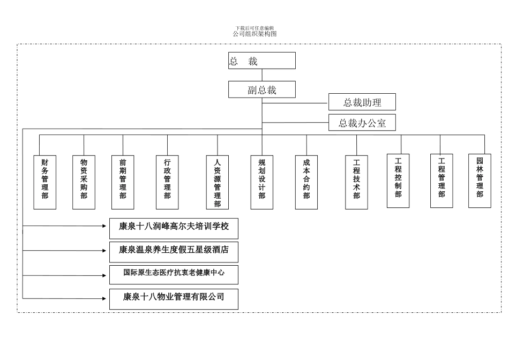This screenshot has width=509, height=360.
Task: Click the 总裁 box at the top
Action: [x=261, y=61]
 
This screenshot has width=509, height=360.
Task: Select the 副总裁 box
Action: [x=261, y=89]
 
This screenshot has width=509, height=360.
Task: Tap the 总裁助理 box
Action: [x=362, y=102]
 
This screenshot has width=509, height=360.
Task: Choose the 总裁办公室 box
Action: [x=362, y=123]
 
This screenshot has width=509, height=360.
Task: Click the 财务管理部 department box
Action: [x=45, y=182]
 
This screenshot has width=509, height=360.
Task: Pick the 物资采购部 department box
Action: [x=84, y=182]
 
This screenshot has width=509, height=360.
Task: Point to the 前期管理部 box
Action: [x=123, y=182]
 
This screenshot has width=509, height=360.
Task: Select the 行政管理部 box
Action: [x=167, y=182]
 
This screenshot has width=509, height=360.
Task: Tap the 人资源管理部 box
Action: [x=217, y=182]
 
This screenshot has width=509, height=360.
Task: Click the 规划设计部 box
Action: [x=261, y=182]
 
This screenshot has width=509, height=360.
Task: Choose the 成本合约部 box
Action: [x=306, y=182]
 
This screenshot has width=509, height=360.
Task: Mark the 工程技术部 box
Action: [x=356, y=182]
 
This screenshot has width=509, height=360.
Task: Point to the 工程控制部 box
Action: [x=398, y=181]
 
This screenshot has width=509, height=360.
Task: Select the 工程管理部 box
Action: [x=441, y=181]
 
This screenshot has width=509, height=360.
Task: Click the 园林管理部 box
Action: [x=480, y=181]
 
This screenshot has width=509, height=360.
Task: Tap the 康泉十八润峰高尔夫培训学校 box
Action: [x=174, y=228]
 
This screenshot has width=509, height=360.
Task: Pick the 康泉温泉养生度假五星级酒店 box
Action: [x=174, y=251]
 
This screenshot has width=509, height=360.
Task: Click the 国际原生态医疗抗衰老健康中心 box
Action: [x=174, y=274]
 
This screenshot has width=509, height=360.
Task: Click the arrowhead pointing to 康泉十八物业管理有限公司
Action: [x=104, y=298]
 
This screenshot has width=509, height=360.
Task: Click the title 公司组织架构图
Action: [x=254, y=34]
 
